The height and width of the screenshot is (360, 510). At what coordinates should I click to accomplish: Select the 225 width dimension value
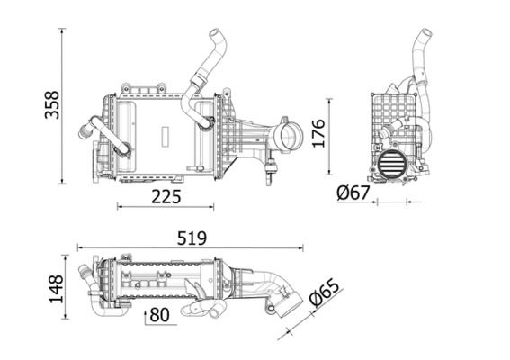(166, 195)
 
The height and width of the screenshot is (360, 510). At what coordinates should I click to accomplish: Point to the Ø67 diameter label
(354, 193)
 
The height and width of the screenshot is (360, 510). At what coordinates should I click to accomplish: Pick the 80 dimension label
(159, 315)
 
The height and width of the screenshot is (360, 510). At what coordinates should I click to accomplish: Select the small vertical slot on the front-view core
(165, 136)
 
